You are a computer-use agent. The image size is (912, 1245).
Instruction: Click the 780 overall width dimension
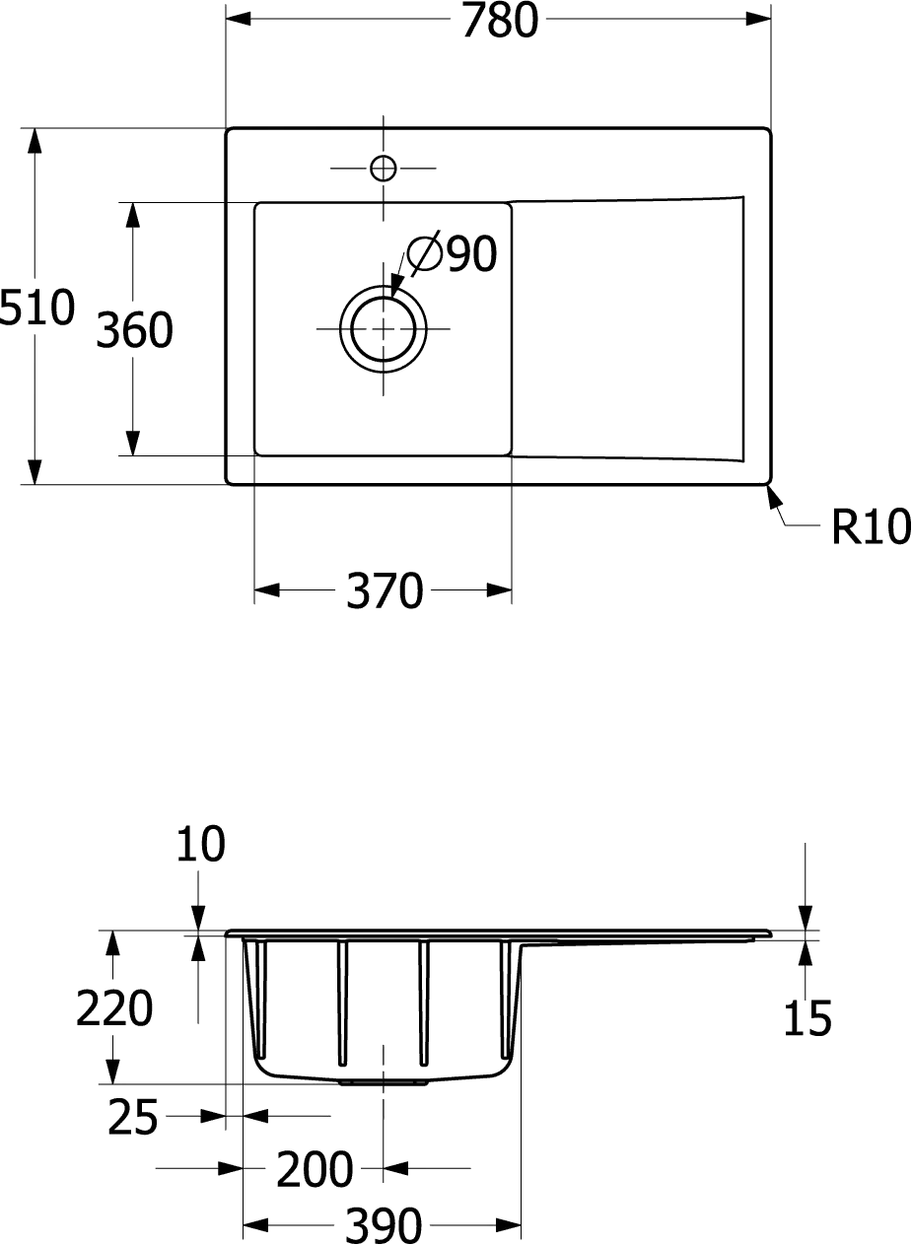coord(500,21)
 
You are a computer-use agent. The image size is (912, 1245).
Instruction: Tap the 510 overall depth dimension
coord(36,307)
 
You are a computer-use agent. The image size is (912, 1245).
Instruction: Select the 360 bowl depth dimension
coord(134,330)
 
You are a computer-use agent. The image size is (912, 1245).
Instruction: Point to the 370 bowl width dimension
coord(385,590)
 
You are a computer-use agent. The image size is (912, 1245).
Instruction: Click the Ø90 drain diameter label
coord(452,253)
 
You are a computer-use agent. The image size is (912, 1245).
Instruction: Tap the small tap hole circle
coord(383,168)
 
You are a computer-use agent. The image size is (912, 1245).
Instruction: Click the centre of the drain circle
coord(383,329)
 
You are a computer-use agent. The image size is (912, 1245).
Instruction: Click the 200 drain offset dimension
coord(315,1169)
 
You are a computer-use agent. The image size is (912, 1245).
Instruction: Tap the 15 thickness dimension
coord(807,1017)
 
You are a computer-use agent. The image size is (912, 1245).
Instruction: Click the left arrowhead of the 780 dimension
coord(239,19)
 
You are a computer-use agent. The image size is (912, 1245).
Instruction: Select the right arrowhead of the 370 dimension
coord(499,590)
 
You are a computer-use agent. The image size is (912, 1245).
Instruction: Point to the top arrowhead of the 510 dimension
coord(35,141)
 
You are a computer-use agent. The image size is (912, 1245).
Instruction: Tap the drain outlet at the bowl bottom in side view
coord(383,1083)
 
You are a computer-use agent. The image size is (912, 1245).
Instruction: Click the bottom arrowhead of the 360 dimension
coord(132,443)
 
